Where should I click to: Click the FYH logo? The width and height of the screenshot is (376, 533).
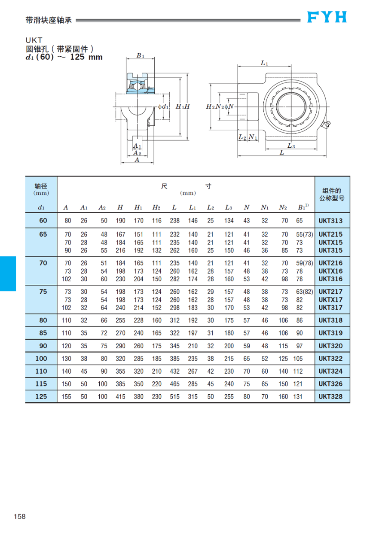[x=327, y=17]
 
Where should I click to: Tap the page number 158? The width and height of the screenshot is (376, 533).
[x=20, y=516]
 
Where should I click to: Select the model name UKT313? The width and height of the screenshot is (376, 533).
[x=330, y=221]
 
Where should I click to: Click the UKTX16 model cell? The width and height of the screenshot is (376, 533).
[x=330, y=271]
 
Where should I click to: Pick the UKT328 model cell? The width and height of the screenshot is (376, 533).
[x=330, y=396]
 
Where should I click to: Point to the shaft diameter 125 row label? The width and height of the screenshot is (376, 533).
[x=41, y=396]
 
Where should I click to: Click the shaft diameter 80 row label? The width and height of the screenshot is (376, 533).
[x=43, y=320]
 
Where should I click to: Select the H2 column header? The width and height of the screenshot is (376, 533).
[x=156, y=207]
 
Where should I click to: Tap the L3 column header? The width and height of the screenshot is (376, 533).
[x=229, y=207]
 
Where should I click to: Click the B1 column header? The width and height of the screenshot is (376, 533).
[x=303, y=207]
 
